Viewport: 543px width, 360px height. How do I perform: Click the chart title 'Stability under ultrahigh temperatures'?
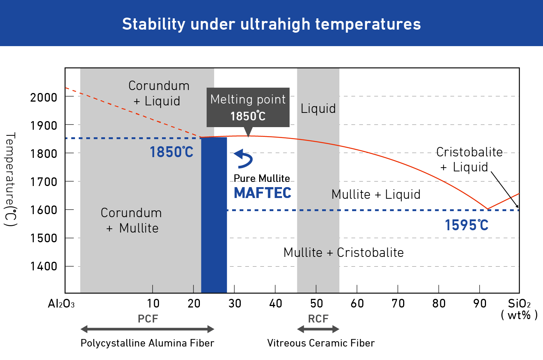click(x=271, y=24)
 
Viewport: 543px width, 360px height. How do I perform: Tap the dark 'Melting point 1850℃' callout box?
click(x=248, y=107)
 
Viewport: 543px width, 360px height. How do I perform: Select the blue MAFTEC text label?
click(x=262, y=193)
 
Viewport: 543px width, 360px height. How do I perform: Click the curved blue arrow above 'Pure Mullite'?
click(x=244, y=159)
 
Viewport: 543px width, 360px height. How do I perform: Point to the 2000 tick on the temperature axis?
click(x=43, y=97)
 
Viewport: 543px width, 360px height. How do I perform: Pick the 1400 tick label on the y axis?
click(x=43, y=266)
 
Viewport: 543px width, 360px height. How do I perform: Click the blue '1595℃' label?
click(x=466, y=225)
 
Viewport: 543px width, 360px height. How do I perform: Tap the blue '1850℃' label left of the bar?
click(x=171, y=152)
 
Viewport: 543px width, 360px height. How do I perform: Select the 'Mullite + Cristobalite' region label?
click(x=343, y=252)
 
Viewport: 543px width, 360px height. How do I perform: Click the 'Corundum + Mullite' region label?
click(x=131, y=220)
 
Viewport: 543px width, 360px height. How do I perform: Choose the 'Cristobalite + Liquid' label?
click(x=469, y=159)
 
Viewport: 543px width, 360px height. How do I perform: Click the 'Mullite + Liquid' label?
click(x=376, y=194)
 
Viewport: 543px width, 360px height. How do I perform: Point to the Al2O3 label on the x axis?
click(x=61, y=304)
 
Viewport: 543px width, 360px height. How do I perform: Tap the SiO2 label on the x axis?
click(x=519, y=304)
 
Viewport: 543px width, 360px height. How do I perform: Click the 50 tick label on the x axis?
click(x=316, y=303)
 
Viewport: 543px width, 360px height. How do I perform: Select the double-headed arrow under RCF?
click(x=318, y=329)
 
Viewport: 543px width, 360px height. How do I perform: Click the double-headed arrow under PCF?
click(x=147, y=329)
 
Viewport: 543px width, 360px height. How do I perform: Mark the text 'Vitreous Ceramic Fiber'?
click(x=321, y=343)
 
